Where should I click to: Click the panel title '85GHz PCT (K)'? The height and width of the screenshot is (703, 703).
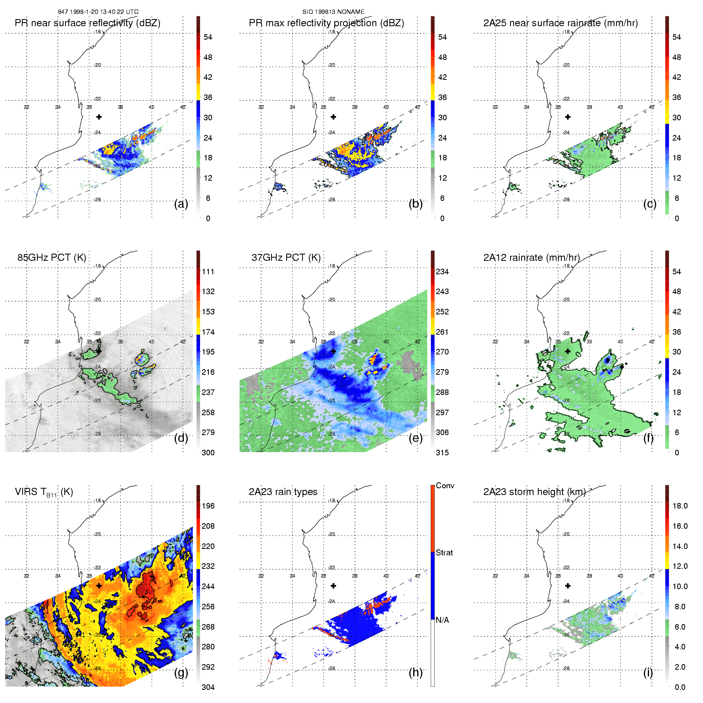(x=52, y=258)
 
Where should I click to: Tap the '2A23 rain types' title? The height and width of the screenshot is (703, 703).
(x=283, y=492)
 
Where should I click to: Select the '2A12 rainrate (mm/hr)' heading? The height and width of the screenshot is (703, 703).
(x=531, y=258)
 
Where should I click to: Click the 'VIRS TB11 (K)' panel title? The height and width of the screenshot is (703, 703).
(x=44, y=492)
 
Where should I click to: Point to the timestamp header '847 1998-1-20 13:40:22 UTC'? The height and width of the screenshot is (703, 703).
(x=98, y=12)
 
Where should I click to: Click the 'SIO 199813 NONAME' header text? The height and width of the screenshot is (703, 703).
(x=333, y=12)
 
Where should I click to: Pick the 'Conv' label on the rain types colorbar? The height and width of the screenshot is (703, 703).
(x=445, y=486)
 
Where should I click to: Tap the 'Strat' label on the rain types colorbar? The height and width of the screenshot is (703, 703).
(x=444, y=553)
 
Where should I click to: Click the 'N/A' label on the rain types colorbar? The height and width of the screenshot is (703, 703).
(x=442, y=620)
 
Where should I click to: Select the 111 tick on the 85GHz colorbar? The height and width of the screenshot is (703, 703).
(x=208, y=272)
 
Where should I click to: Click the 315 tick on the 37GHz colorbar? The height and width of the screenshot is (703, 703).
(x=442, y=453)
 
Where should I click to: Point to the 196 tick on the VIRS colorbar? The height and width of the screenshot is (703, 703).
(x=208, y=506)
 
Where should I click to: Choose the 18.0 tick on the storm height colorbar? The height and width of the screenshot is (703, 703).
(x=680, y=506)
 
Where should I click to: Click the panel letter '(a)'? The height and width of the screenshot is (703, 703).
(x=181, y=204)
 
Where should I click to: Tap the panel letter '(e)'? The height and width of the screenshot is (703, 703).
(x=415, y=438)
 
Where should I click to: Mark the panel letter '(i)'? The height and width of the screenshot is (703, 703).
(x=648, y=672)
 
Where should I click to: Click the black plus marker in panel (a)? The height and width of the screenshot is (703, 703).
(x=99, y=117)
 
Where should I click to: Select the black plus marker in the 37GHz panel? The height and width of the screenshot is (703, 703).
(x=333, y=351)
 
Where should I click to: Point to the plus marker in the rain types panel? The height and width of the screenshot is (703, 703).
(x=333, y=586)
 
